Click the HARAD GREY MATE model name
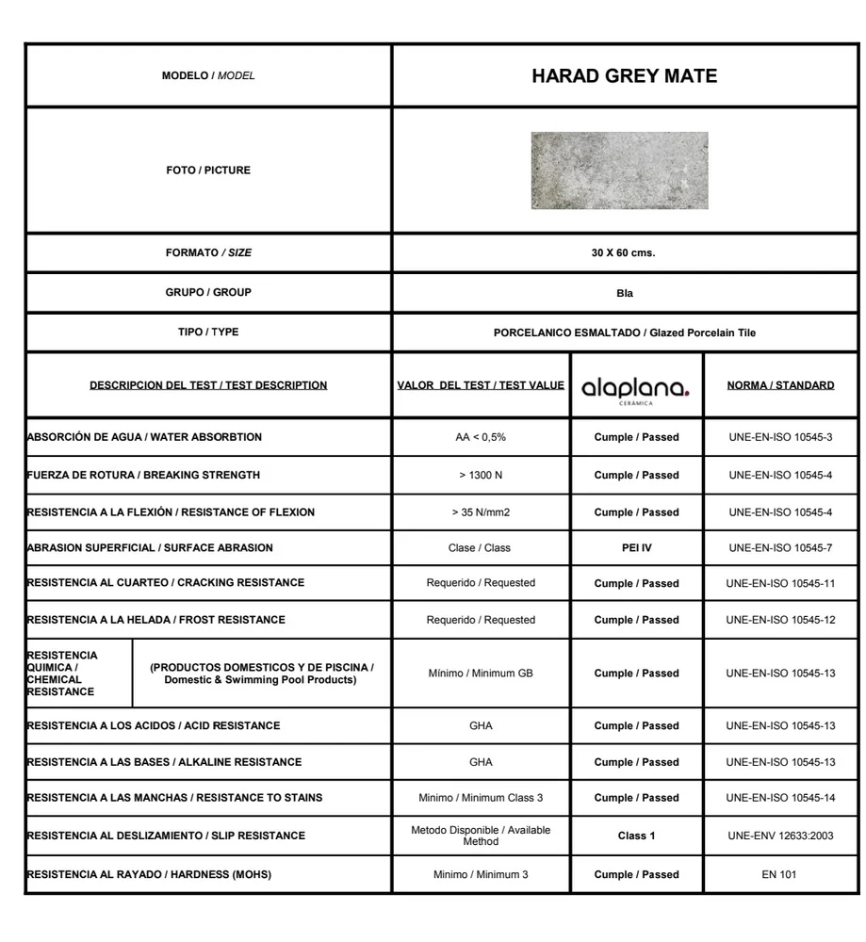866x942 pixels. tap(624, 76)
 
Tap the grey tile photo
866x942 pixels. tap(619, 171)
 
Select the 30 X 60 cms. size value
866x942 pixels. tap(624, 253)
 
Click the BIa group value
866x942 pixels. tap(624, 293)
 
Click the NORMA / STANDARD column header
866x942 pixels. tap(780, 385)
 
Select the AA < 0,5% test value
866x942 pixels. tap(481, 437)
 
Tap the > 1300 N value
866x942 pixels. tap(481, 475)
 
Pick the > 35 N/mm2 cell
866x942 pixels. tap(481, 512)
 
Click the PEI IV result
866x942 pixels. tap(636, 547)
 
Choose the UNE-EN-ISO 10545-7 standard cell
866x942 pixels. tap(780, 547)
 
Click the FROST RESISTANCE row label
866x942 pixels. tap(155, 620)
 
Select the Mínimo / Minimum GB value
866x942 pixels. tap(481, 674)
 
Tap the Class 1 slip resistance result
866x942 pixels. tap(636, 836)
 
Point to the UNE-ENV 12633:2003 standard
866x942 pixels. tap(780, 836)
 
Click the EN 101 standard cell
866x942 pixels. tap(779, 874)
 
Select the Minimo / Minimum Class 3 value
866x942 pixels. tap(481, 798)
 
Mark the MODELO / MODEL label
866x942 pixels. tap(208, 75)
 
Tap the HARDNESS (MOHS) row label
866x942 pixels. tap(149, 874)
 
